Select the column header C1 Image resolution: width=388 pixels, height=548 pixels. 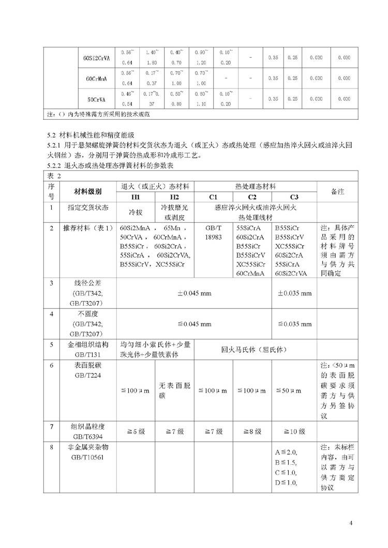tap(213, 197)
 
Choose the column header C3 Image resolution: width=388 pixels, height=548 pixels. tap(294, 197)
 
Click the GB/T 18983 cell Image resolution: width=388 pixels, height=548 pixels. tap(213, 232)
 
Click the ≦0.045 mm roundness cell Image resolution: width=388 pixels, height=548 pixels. tap(195, 324)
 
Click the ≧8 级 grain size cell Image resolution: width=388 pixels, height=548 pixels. tap(253, 431)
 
